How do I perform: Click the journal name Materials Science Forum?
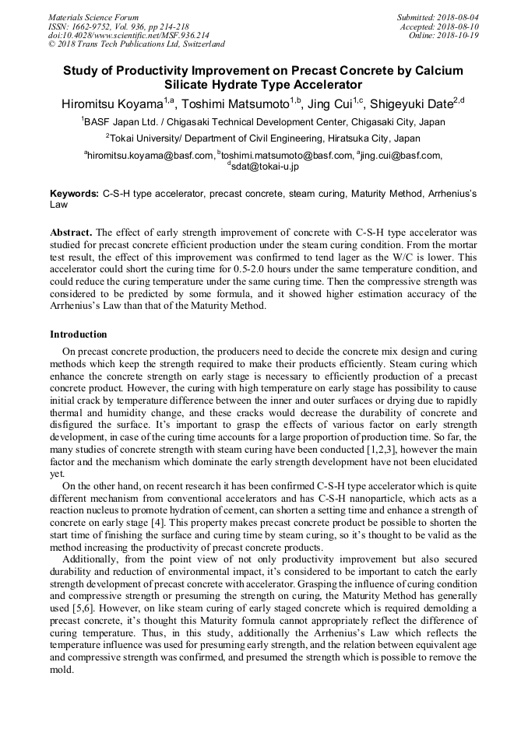coord(93,17)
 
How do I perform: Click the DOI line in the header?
coord(128,35)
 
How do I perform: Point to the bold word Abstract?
coord(71,233)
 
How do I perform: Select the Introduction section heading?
coord(79,334)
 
